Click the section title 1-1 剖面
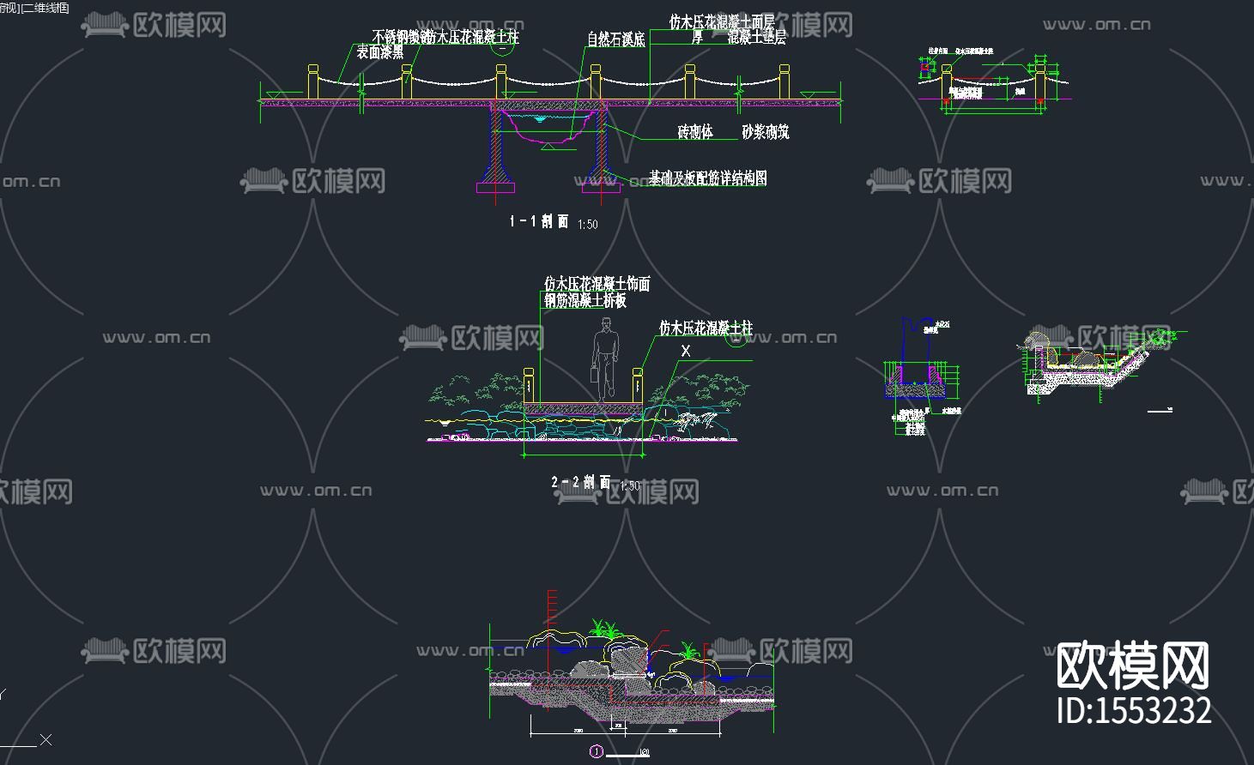tap(539, 221)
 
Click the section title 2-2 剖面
tap(580, 483)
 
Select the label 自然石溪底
tap(615, 39)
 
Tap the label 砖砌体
tap(695, 132)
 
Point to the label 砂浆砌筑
tap(765, 132)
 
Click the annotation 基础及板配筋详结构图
tap(708, 178)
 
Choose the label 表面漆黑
tap(380, 52)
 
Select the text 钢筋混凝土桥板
tap(585, 301)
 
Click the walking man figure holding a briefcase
tap(606, 357)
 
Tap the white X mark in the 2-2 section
tap(686, 351)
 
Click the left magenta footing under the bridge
tap(496, 186)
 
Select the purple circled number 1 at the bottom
tap(596, 752)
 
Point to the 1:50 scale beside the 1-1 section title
tap(588, 225)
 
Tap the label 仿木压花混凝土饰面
tap(597, 283)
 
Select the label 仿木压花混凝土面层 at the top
tap(722, 21)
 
